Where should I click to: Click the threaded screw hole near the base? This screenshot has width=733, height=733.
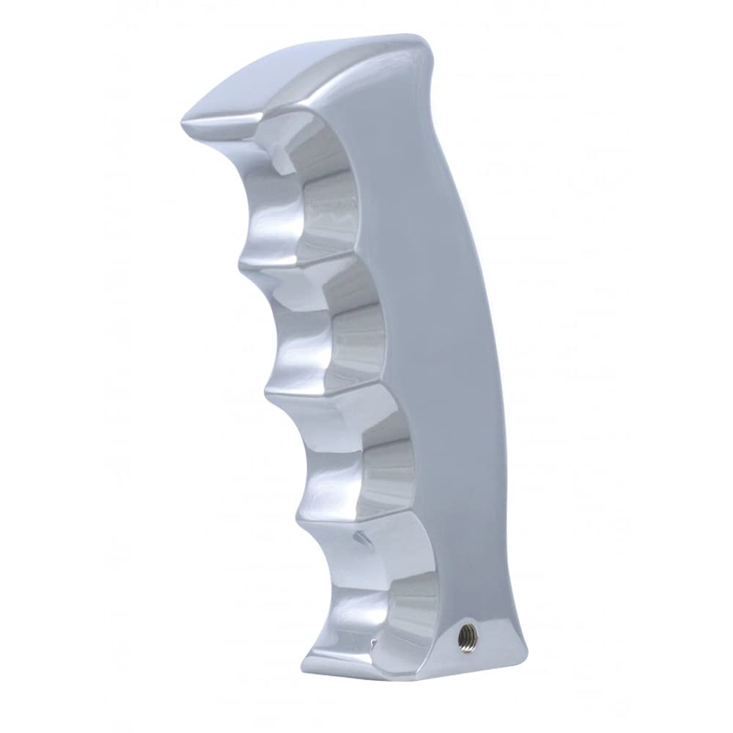pos(465,637)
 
